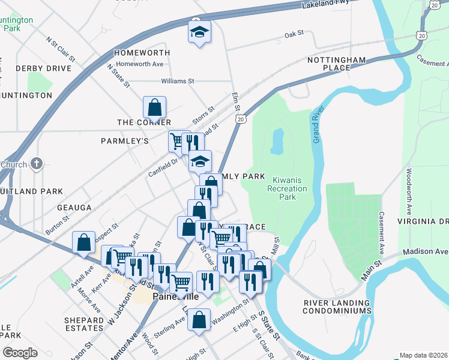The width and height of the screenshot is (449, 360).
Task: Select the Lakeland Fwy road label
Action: click(x=325, y=5)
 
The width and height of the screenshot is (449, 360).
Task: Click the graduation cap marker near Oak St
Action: click(x=199, y=32)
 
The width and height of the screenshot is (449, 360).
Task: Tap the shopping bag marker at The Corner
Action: click(x=154, y=107)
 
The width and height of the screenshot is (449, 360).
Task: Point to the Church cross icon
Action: click(x=37, y=164)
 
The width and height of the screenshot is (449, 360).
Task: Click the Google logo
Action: click(x=20, y=353)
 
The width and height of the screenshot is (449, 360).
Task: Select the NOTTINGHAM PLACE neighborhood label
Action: click(x=336, y=64)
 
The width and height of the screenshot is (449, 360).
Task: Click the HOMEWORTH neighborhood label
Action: click(x=142, y=53)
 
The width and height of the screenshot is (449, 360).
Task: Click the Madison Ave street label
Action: click(x=426, y=252)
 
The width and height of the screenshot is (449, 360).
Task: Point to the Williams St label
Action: click(x=178, y=81)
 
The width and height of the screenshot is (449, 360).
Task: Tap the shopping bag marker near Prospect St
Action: click(x=83, y=242)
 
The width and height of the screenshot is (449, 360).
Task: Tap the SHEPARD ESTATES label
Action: click(x=84, y=324)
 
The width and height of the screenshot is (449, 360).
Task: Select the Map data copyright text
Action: click(x=423, y=355)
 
